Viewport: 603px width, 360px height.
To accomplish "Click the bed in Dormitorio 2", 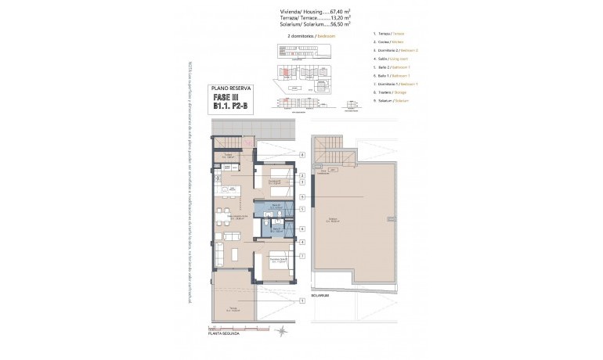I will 274,178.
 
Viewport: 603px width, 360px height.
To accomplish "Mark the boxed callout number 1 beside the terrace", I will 301,299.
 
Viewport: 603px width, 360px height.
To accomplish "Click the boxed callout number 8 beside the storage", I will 301,155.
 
